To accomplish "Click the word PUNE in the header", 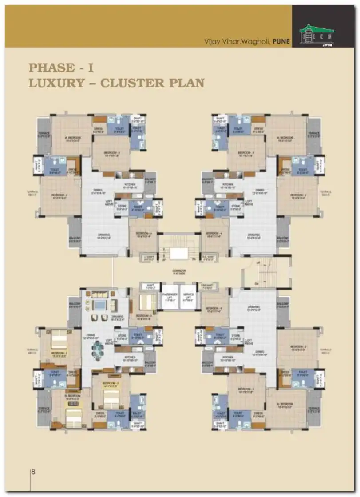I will click(x=281, y=41).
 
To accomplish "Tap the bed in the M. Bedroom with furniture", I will click(x=74, y=416).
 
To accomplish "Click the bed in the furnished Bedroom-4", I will click(x=147, y=302).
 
